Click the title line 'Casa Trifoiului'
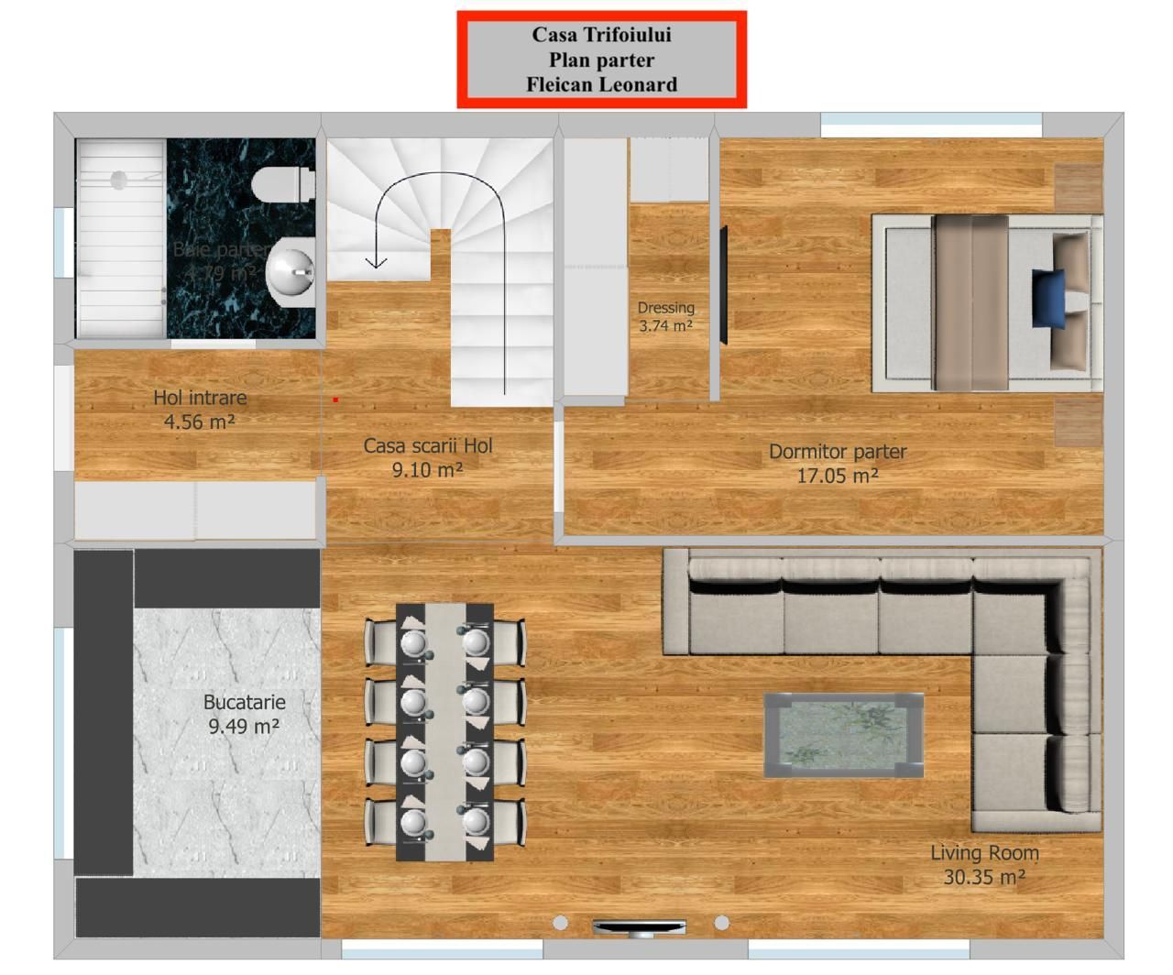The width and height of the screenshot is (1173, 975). pyautogui.click(x=601, y=35)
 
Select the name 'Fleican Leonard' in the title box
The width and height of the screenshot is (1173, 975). pyautogui.click(x=601, y=84)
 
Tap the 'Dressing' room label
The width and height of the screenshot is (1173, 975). pyautogui.click(x=666, y=308)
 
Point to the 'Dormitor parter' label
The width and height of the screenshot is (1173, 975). pyautogui.click(x=838, y=452)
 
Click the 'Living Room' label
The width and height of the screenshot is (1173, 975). pyautogui.click(x=984, y=853)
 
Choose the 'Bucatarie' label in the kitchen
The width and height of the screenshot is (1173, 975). pyautogui.click(x=245, y=703)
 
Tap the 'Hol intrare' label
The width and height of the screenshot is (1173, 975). pyautogui.click(x=200, y=398)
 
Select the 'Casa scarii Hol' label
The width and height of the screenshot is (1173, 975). pyautogui.click(x=428, y=446)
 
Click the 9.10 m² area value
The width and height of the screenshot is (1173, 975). pyautogui.click(x=428, y=470)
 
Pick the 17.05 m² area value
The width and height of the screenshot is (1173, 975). pyautogui.click(x=838, y=476)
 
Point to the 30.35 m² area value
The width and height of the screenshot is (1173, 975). pyautogui.click(x=984, y=877)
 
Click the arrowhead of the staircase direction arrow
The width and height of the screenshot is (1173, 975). pyautogui.click(x=376, y=262)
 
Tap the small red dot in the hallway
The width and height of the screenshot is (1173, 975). pyautogui.click(x=336, y=400)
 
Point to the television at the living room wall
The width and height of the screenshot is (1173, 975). pyautogui.click(x=639, y=926)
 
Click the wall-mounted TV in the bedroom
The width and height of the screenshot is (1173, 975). pyautogui.click(x=723, y=285)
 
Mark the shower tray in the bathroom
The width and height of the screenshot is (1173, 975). pyautogui.click(x=120, y=238)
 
